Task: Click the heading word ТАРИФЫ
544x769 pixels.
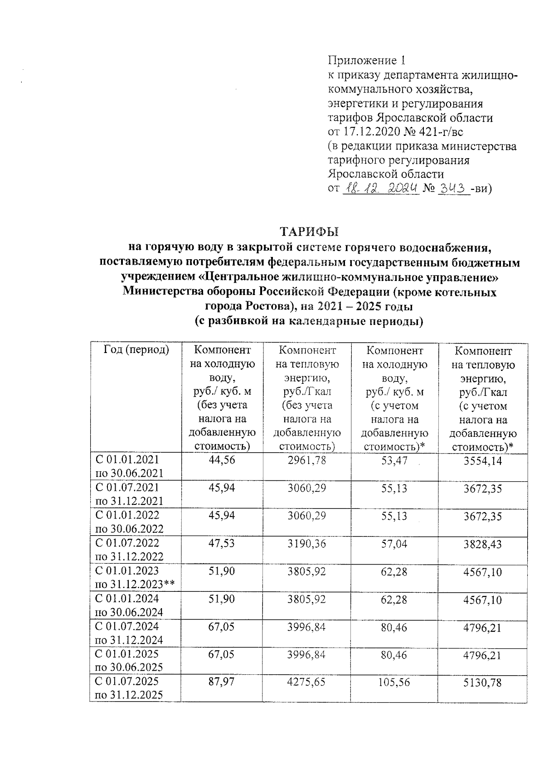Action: tap(309, 232)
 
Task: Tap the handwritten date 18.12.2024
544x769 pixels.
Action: tap(381, 188)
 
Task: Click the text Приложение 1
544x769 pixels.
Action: tap(365, 60)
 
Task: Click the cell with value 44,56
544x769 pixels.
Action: tap(222, 460)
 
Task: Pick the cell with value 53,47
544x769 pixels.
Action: tap(394, 460)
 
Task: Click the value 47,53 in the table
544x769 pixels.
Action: tap(222, 543)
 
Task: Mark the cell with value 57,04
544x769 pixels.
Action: tap(394, 543)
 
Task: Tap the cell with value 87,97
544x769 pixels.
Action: tap(222, 682)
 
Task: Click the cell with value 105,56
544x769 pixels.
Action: tap(394, 682)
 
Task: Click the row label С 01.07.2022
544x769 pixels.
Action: tap(127, 542)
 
